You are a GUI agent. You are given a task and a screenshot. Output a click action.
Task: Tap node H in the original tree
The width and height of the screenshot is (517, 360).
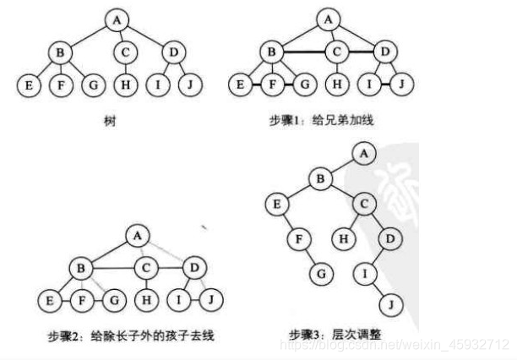[125, 85]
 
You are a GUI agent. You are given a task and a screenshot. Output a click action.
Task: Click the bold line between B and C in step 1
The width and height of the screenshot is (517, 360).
[305, 52]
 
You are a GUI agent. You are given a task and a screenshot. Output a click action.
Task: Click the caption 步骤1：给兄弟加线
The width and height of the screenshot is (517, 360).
[321, 121]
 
